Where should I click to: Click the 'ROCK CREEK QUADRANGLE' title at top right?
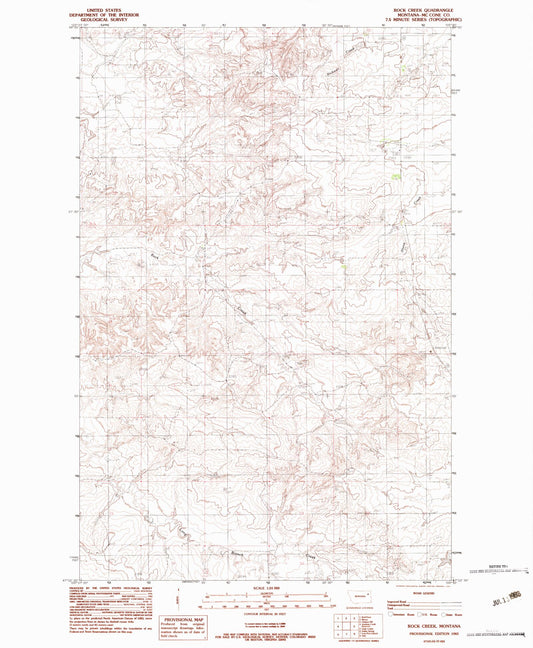pyautogui.click(x=424, y=9)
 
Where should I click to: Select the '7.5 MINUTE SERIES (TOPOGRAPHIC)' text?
pyautogui.click(x=424, y=20)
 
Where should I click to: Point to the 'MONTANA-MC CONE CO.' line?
pyautogui.click(x=424, y=14)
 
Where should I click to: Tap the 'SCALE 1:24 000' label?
pyautogui.click(x=266, y=586)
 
